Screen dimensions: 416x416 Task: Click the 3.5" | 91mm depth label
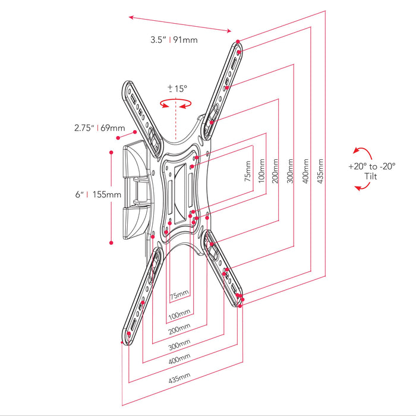[x=174, y=40]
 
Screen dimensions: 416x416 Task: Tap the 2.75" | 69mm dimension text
[x=99, y=128]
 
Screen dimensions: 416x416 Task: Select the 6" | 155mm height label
[x=96, y=194]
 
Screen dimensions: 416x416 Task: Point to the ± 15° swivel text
[x=177, y=89]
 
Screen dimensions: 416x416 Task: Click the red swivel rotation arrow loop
[x=177, y=105]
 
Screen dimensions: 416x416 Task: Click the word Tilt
[x=372, y=177]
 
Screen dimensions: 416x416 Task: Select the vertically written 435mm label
[x=320, y=172]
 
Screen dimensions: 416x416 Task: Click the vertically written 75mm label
[x=247, y=172]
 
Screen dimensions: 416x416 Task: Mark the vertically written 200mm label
[x=276, y=172]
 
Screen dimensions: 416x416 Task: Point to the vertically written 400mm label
[x=305, y=172]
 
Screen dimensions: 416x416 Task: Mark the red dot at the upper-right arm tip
[x=238, y=42]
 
